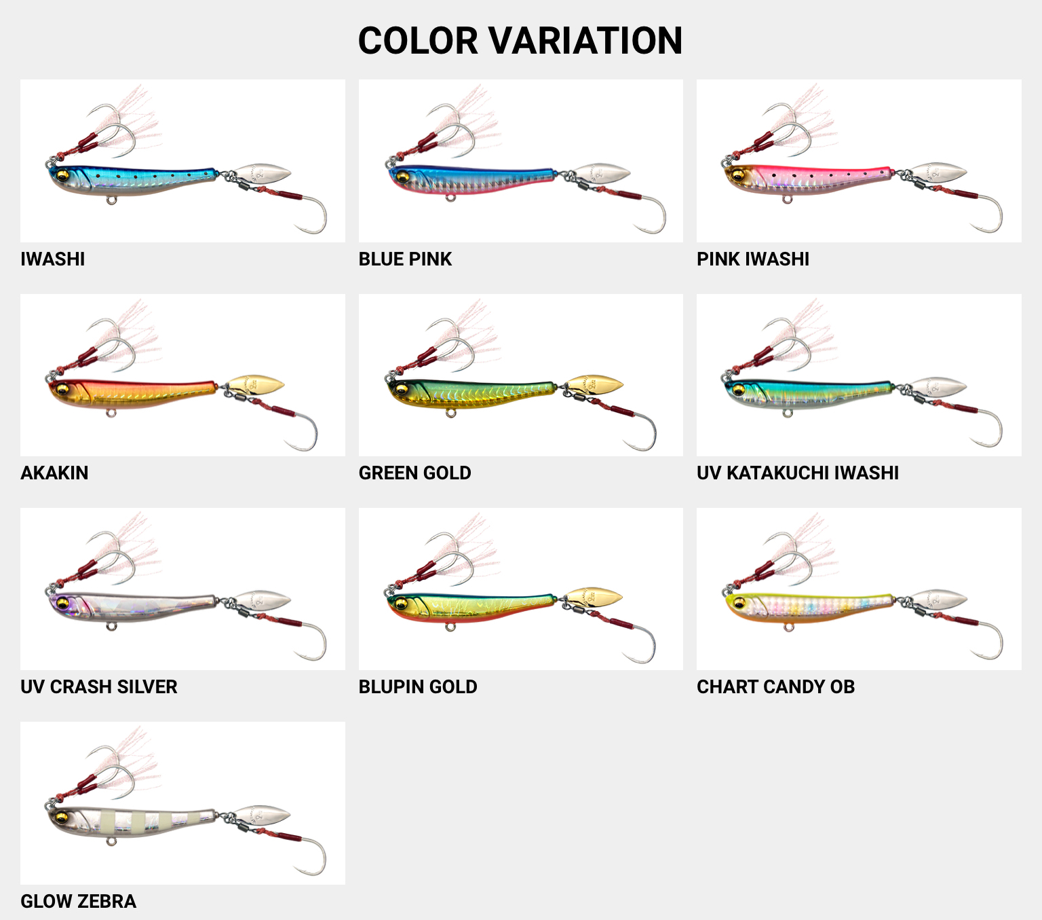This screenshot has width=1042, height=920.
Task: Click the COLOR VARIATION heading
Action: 520,41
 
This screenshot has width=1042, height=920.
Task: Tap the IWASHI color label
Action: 53,259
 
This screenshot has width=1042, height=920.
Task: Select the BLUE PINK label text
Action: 405,259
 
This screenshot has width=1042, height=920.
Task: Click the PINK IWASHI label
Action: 753,259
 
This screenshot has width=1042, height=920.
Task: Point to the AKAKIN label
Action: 54,473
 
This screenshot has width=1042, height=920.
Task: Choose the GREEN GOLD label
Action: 414,473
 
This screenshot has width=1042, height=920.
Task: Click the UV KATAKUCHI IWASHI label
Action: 798,473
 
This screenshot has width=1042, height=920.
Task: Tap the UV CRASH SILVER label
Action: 99,687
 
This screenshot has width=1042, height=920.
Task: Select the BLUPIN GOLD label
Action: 418,687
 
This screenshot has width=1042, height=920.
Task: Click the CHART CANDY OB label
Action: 775,687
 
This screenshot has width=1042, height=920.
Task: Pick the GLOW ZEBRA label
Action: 79,902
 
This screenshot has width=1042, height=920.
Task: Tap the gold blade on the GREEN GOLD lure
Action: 595,385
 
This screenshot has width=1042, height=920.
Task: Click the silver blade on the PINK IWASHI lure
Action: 938,172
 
